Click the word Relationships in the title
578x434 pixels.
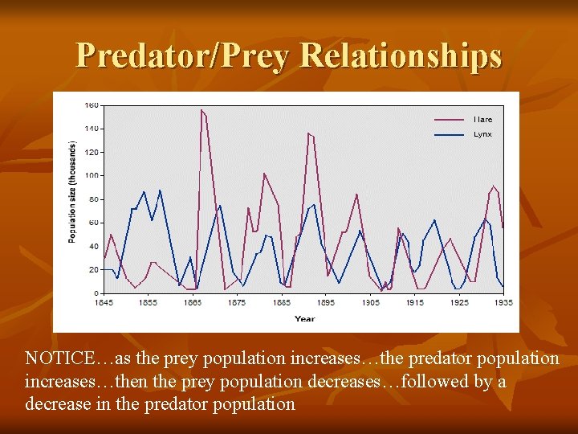coord(401,55)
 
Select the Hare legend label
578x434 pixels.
coord(482,120)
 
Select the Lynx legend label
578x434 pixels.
coord(482,134)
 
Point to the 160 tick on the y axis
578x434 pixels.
coord(92,105)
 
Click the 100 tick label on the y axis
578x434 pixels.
coord(92,175)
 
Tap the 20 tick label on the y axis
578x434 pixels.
coord(93,269)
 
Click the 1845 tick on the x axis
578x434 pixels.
coord(104,302)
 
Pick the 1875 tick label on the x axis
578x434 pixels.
coord(237,302)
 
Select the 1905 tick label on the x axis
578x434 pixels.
coord(370,302)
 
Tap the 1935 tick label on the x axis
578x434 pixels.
coord(503,302)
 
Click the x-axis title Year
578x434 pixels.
coord(304,318)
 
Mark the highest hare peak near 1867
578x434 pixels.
coord(201,110)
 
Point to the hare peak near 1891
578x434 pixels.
coord(308,133)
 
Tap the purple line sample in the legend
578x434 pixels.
coord(449,120)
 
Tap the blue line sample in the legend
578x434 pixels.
coord(449,134)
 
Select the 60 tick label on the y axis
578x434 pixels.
coord(93,223)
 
